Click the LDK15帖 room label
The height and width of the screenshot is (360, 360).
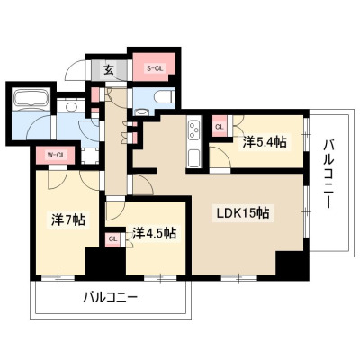coord(243,213)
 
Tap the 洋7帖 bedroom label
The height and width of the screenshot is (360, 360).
coord(68,220)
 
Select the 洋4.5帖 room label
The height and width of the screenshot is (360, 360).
coord(154,233)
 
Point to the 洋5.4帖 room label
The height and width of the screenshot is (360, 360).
coord(265,141)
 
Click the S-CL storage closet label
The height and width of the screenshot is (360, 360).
coord(154,68)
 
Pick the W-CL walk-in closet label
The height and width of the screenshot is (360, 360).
coord(55,155)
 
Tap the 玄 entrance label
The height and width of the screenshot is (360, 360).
coord(109,70)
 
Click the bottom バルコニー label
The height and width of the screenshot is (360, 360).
coord(111,298)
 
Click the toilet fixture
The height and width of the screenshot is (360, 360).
coord(164,97)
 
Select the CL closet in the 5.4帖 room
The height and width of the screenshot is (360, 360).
coord(220,127)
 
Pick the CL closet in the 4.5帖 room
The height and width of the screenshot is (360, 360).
coord(113,239)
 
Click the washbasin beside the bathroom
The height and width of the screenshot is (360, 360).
coord(71,107)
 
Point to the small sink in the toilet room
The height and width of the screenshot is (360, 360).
coord(141,112)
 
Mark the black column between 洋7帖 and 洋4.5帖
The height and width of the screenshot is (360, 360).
coord(105,261)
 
